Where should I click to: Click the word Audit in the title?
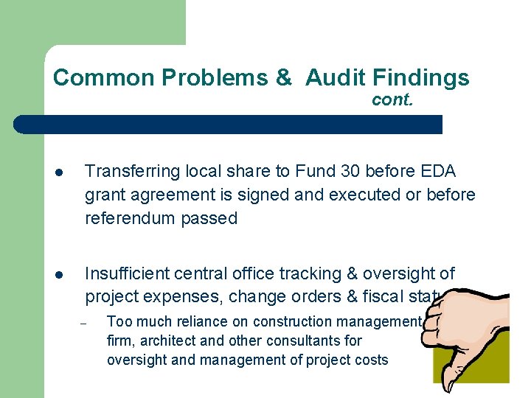tap(336, 77)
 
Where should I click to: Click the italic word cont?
tap(392, 99)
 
